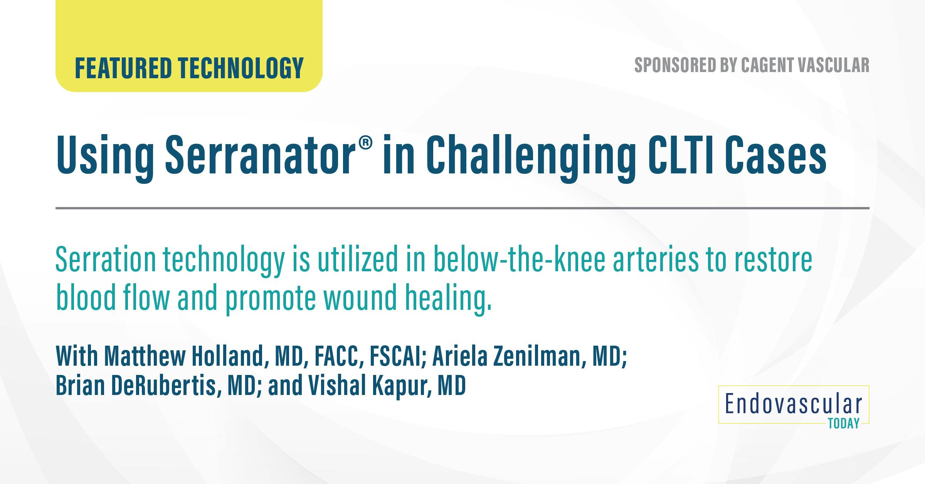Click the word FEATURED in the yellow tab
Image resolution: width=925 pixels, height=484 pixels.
(x=123, y=68)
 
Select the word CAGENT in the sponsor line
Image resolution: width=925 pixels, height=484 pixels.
(x=765, y=65)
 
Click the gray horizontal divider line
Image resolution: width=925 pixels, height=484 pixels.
(x=462, y=208)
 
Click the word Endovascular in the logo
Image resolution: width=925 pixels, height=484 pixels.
(x=793, y=404)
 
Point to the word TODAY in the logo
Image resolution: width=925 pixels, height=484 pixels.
(x=844, y=424)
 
